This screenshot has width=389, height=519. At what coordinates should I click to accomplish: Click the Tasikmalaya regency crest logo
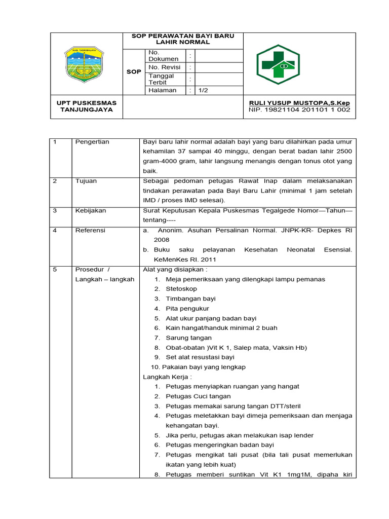pyautogui.click(x=84, y=64)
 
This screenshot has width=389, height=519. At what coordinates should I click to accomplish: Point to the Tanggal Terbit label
pyautogui.click(x=161, y=79)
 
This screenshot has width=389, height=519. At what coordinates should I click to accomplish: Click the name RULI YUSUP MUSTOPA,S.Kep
pyautogui.click(x=299, y=103)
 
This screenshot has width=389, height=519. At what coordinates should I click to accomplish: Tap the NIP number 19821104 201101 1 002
pyautogui.click(x=299, y=109)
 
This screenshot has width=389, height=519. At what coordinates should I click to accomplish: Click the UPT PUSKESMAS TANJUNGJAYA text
pyautogui.click(x=87, y=106)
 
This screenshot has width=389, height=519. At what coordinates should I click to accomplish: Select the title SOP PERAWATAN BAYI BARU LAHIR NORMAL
pyautogui.click(x=183, y=39)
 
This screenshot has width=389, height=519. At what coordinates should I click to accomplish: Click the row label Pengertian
pyautogui.click(x=92, y=142)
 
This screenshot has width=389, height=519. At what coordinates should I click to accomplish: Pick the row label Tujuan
pyautogui.click(x=86, y=181)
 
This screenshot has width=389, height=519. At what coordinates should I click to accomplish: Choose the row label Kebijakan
pyautogui.click(x=90, y=210)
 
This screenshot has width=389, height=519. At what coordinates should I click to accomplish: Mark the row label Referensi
pyautogui.click(x=90, y=230)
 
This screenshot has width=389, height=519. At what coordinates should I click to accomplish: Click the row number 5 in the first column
pyautogui.click(x=55, y=270)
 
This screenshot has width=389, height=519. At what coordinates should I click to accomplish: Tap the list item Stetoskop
pyautogui.click(x=181, y=289)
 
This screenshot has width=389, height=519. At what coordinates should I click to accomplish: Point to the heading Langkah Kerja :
pyautogui.click(x=167, y=377)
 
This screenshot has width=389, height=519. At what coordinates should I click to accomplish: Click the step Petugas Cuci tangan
pyautogui.click(x=198, y=396)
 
